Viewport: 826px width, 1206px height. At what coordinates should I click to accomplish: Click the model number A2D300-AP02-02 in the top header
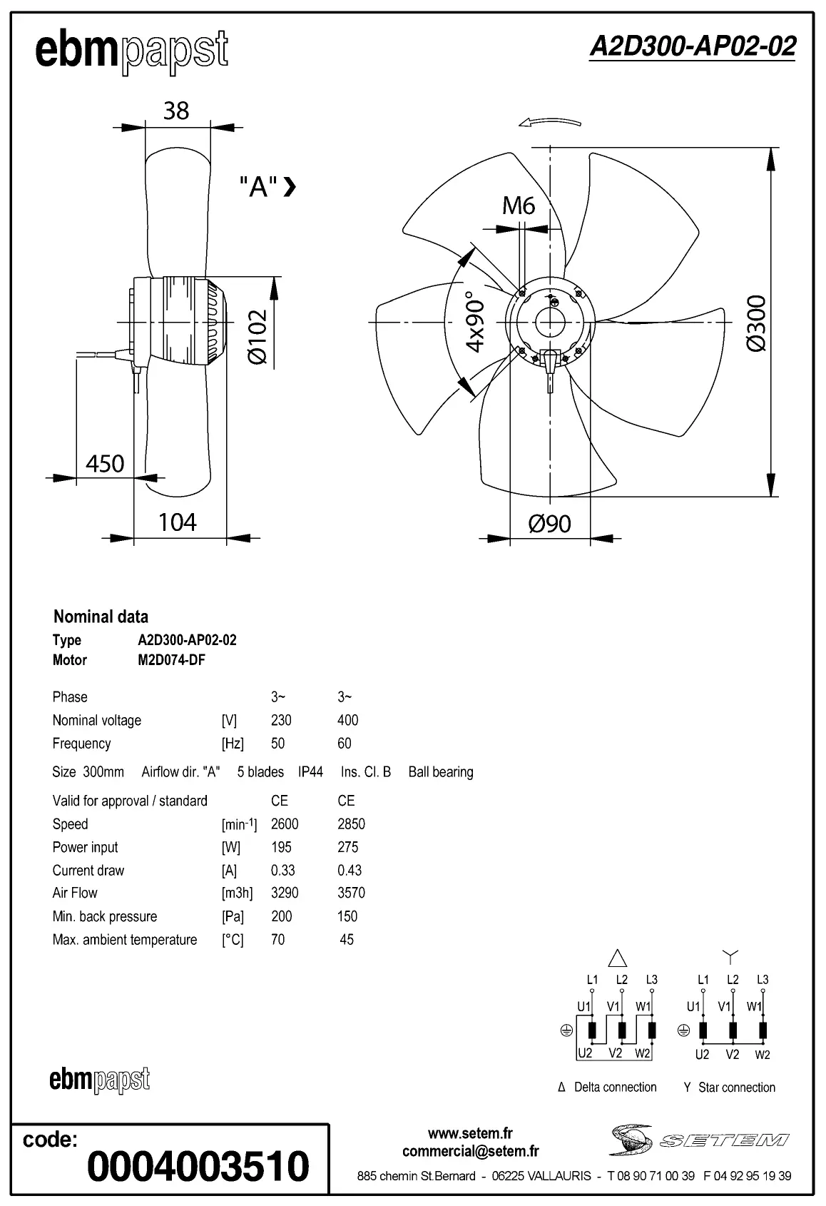tap(692, 46)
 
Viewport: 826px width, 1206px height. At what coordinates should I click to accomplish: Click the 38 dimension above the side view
tap(176, 111)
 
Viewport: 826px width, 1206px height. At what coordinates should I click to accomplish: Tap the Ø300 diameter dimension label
tap(756, 323)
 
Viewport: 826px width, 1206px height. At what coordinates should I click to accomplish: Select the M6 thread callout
tap(519, 206)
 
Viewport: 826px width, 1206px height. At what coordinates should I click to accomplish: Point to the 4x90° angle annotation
tap(475, 321)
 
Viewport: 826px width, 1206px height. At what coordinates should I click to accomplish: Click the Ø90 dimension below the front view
tap(549, 524)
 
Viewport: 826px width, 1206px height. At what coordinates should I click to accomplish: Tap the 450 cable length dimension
tap(105, 464)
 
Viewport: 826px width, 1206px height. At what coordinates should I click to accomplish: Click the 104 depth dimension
tap(177, 522)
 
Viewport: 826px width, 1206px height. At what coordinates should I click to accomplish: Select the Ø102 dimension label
tap(258, 336)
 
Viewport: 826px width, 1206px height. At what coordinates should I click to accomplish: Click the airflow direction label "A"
tap(258, 187)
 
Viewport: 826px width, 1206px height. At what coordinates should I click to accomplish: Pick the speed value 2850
tap(351, 824)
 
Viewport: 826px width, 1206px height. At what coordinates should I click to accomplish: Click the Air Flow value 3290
tap(285, 893)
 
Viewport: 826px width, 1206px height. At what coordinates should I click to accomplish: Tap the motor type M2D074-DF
tap(171, 660)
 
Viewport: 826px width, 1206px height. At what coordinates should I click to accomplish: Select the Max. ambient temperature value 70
tap(277, 940)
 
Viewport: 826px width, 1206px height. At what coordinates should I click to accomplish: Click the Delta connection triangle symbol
tap(617, 958)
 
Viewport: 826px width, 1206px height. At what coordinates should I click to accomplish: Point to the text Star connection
tap(736, 1088)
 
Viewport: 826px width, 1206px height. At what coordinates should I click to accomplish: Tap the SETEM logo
tap(699, 1140)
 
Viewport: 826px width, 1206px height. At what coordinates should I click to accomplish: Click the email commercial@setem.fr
tap(470, 1151)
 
